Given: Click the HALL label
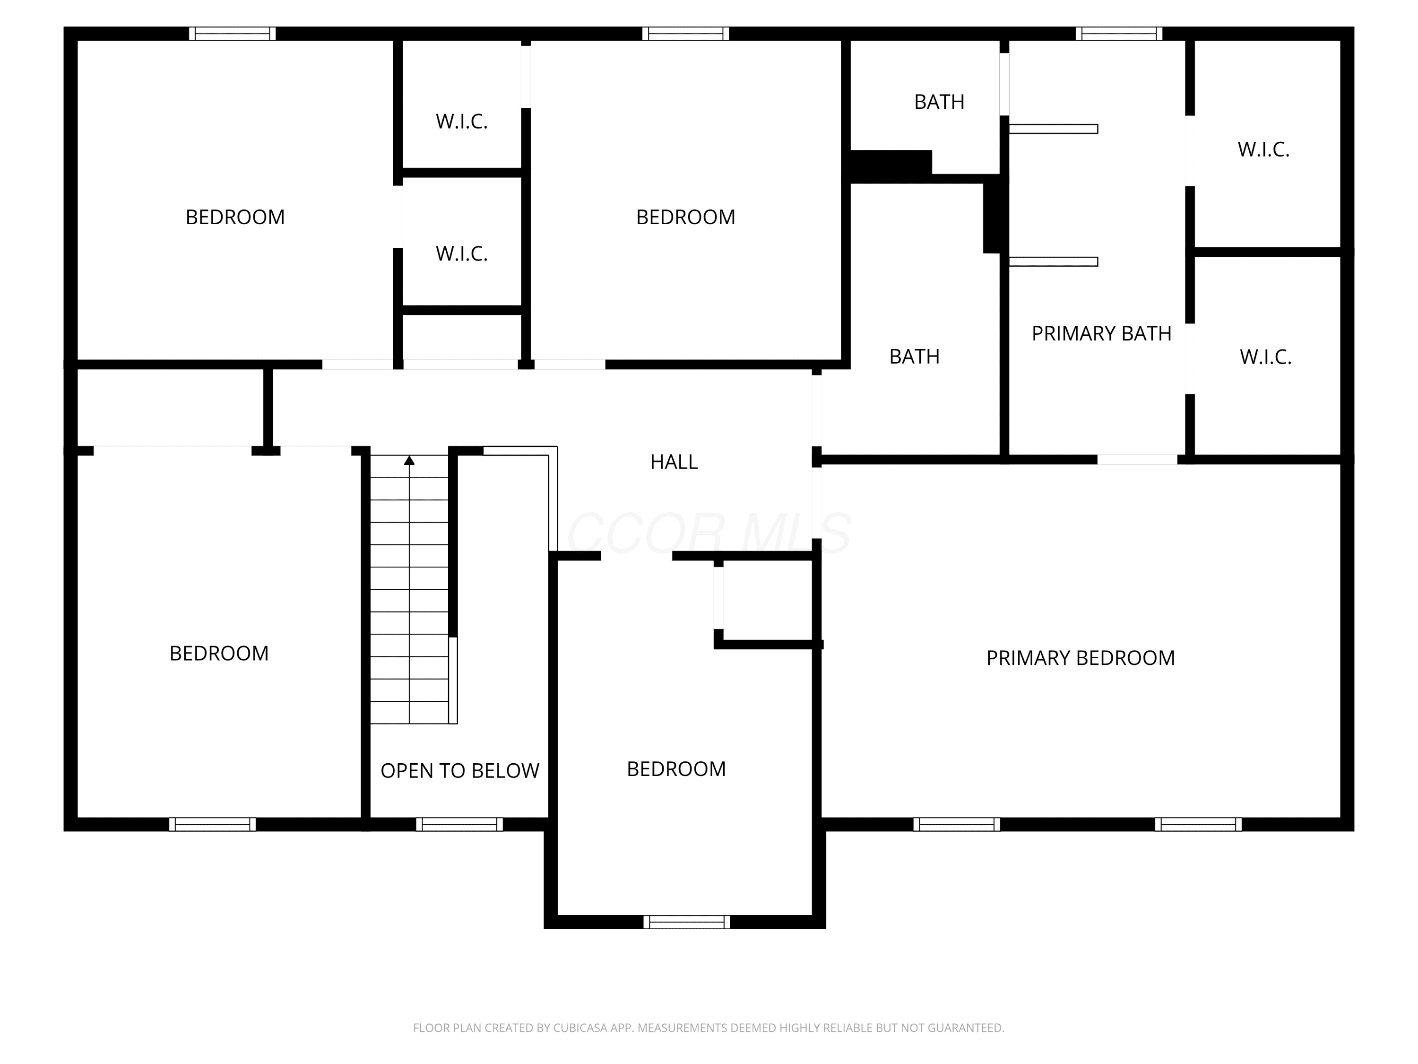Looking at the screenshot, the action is point(674,462).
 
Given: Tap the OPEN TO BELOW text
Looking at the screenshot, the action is point(459,771).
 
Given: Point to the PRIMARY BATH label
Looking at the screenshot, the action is point(1101,333).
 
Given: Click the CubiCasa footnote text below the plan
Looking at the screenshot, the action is point(709,1028).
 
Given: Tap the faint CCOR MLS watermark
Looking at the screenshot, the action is point(709,532).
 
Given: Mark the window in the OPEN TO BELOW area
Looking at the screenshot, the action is point(459,825).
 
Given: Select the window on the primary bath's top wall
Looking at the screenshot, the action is point(1119,34).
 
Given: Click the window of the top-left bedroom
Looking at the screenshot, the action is point(232,34).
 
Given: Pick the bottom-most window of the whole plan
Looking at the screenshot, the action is point(687,922).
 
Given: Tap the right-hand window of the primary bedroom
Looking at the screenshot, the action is point(1198,825).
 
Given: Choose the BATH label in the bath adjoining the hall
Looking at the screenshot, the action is point(914,357).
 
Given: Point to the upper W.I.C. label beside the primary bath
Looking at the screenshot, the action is point(1263,149).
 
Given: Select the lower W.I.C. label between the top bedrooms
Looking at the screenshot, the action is point(461,254).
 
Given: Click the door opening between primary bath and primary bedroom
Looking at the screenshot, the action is point(1137,459).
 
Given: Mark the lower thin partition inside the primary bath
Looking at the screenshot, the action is point(1053,262).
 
